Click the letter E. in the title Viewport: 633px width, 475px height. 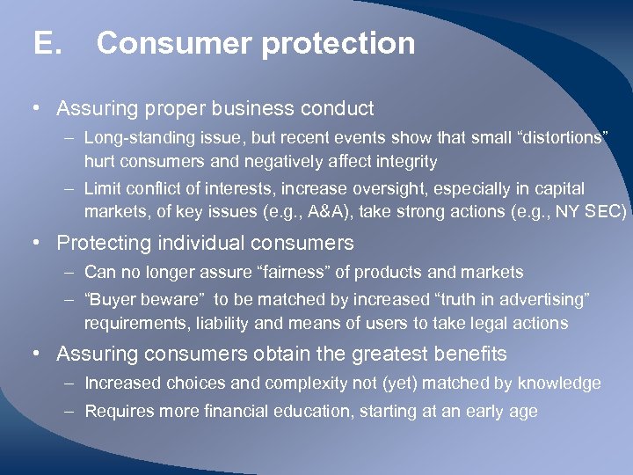(47, 43)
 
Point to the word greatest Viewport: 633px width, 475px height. (388, 354)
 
